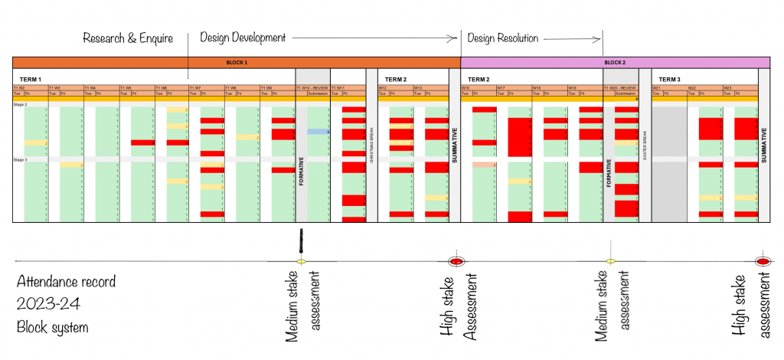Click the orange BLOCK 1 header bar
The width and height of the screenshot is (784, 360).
point(237,62)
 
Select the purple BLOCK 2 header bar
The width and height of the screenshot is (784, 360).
point(615,62)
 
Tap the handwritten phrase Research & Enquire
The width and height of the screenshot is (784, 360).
point(128,38)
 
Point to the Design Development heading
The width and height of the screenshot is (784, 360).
point(243,37)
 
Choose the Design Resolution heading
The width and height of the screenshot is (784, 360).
point(503,38)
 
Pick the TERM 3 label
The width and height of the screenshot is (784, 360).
point(671,79)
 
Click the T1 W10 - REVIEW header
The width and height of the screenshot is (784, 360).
point(312,88)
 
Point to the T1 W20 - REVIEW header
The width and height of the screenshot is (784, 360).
point(620,88)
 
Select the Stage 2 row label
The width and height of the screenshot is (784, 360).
point(21,104)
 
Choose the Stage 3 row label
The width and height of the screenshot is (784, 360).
point(21,159)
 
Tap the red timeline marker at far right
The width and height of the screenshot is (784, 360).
point(763,262)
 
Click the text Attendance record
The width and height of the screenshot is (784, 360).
point(66,282)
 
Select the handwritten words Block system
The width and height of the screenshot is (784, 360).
point(52,327)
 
